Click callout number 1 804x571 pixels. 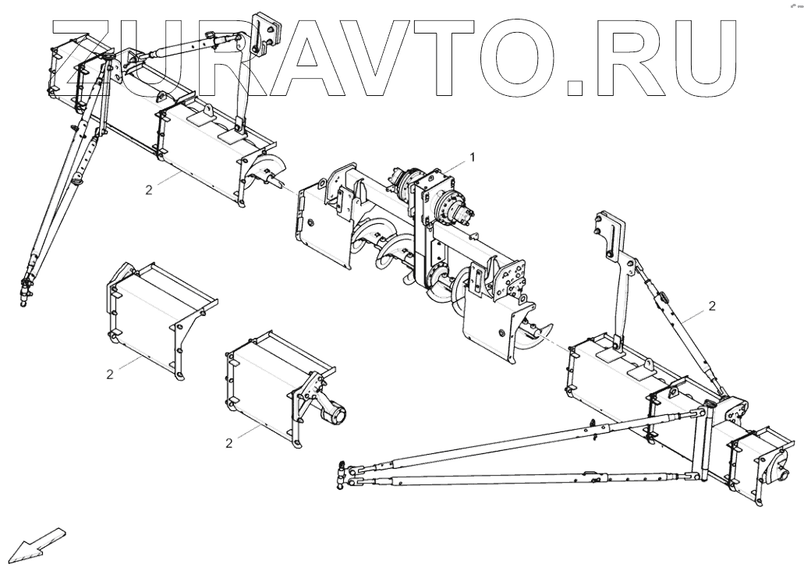tap(472, 157)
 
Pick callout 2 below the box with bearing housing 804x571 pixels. tap(229, 443)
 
